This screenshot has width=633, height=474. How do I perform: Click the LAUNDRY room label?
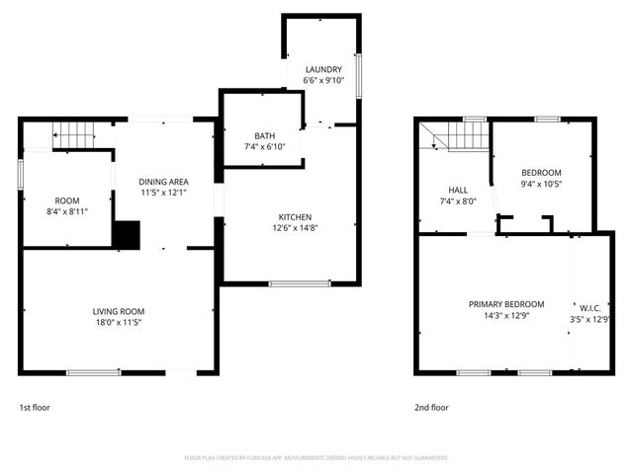322,69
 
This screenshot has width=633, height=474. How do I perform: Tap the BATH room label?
264,136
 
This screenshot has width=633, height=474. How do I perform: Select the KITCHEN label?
295,216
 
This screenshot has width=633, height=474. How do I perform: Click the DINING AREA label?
163,181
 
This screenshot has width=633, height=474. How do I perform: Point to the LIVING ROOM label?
119,311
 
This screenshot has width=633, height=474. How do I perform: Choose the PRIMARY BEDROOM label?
506,304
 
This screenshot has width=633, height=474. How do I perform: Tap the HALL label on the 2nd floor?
458,190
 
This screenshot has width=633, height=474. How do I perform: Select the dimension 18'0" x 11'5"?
119,323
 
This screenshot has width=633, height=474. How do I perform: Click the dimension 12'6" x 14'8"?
295,228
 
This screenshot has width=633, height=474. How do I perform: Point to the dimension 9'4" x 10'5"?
541,184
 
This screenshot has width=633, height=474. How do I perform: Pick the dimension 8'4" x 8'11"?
66,211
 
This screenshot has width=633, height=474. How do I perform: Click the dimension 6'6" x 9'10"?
322,81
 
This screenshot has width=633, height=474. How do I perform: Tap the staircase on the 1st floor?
71,133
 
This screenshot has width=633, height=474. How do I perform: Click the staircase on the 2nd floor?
462,136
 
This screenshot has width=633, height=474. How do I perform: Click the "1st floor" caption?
34,407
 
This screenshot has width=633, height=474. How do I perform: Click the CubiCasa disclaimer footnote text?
316,458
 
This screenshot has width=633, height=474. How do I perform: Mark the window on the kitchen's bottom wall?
300,284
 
